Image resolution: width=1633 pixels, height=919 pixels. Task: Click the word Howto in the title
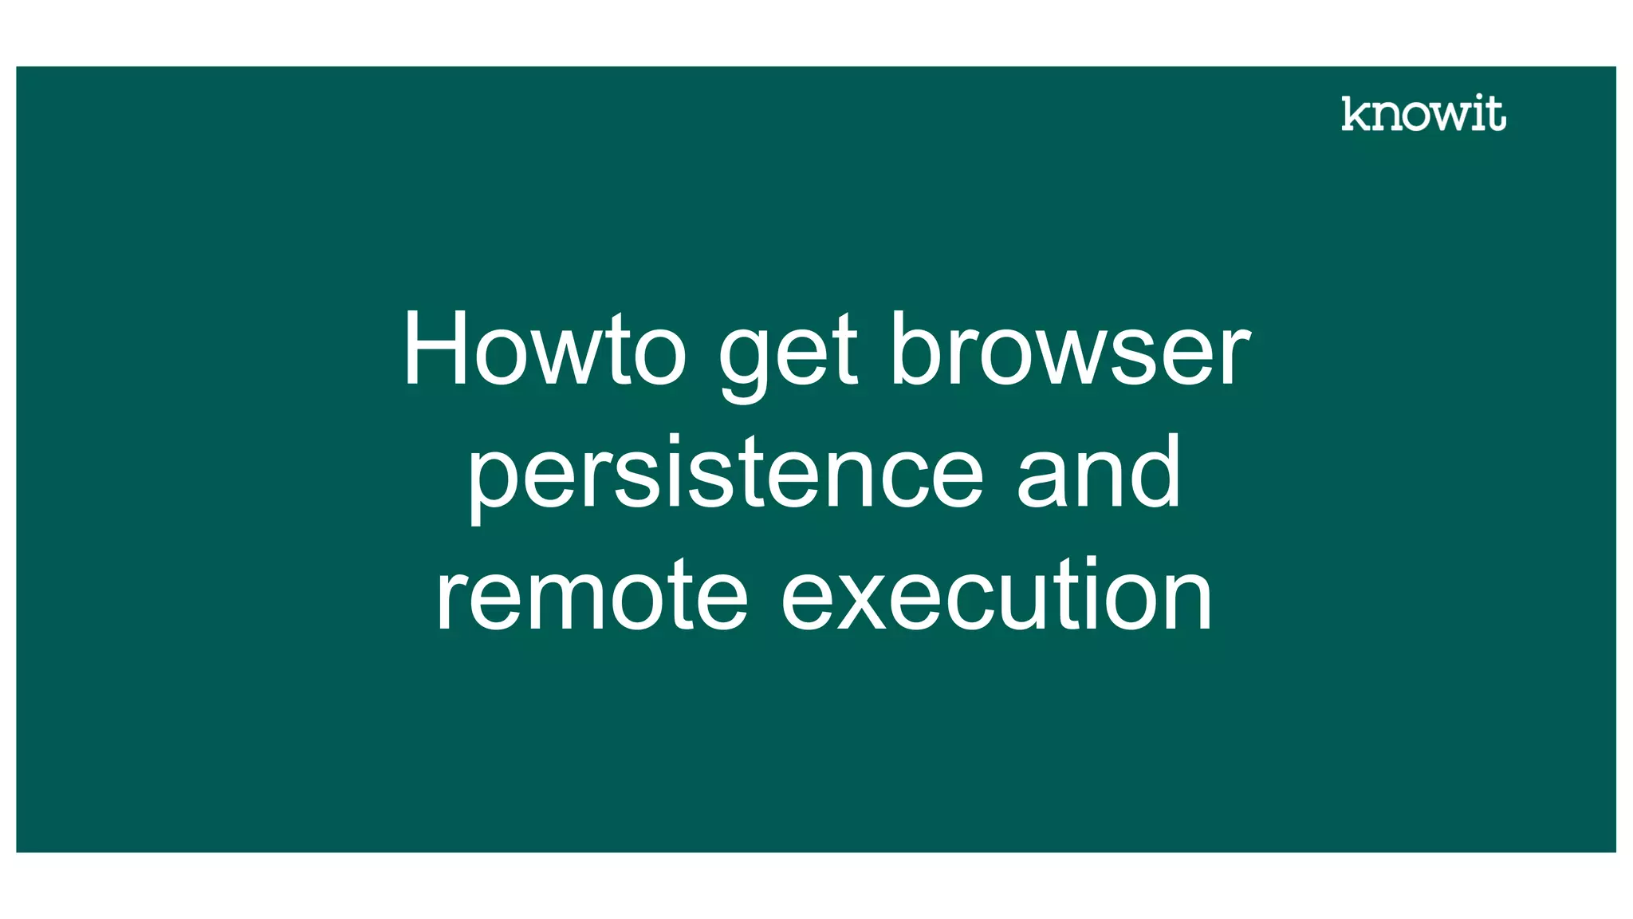544,349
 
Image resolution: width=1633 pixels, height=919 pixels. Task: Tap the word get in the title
788,355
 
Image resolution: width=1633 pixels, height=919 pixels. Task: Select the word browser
1069,349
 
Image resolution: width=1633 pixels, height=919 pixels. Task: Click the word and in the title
1099,472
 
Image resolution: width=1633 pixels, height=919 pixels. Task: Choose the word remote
591,595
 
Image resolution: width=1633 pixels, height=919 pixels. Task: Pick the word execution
997,595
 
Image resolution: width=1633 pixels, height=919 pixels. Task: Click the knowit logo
1423,113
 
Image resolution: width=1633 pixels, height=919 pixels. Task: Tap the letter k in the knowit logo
1355,113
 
